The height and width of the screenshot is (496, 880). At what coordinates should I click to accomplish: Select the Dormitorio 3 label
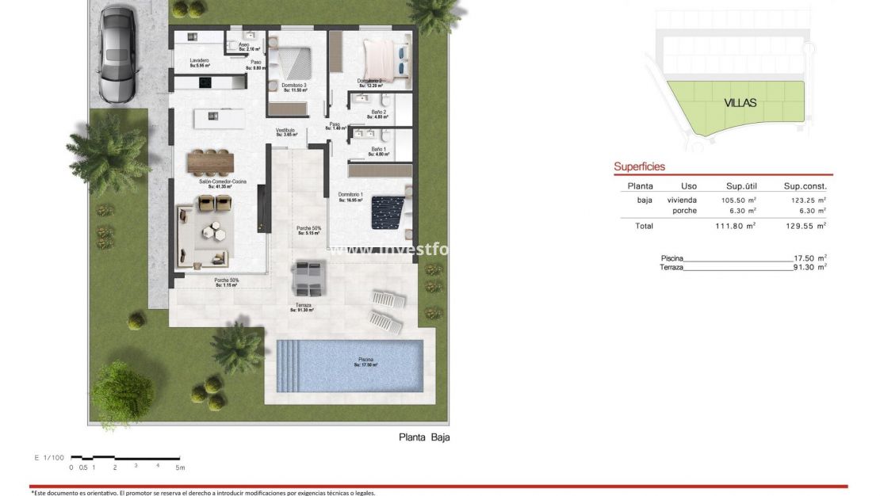point(293,86)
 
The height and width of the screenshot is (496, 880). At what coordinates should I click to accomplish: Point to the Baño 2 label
point(378,113)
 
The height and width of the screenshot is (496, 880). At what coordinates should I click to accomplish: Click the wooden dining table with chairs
point(211,162)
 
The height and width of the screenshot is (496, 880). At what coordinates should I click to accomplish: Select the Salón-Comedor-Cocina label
point(223,182)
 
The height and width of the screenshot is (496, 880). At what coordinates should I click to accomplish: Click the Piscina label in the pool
point(365,361)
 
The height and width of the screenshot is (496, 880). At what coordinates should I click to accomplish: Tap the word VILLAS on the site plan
point(740,103)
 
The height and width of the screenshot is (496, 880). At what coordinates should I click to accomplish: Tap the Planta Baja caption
point(424,437)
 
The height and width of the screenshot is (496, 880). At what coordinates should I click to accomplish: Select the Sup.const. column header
point(805,186)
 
